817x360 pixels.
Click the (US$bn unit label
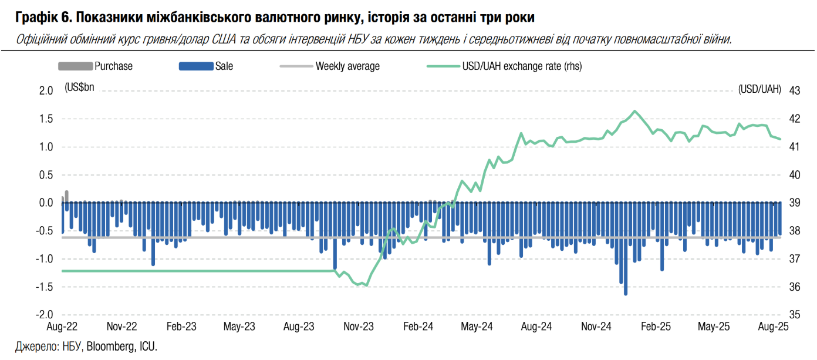(79, 88)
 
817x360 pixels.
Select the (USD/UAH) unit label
(760, 89)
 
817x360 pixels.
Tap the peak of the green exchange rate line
(634, 111)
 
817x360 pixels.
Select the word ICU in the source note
(147, 346)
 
